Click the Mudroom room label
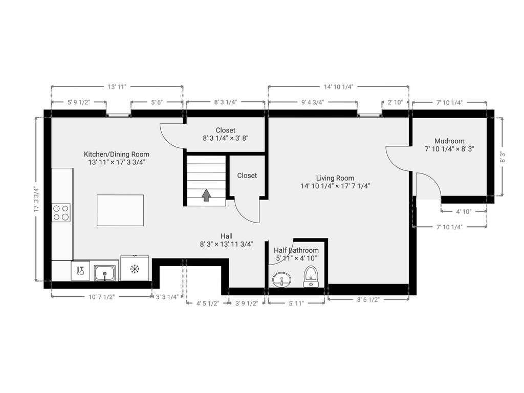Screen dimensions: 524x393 point(449,141)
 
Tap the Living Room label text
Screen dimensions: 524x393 point(335,178)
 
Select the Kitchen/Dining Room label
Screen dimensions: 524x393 point(117,155)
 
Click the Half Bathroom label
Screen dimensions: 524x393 point(296,250)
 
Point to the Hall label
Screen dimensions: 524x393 point(227,236)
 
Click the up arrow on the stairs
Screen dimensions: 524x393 point(206,195)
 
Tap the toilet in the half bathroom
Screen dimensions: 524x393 point(311,277)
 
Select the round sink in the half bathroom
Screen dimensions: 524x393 point(281,280)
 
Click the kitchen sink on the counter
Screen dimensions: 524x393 point(105,273)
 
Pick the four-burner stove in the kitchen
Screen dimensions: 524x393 point(61,213)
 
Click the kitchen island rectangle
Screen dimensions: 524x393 point(120,210)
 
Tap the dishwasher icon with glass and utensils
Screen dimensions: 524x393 point(80,271)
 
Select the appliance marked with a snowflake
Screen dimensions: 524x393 point(135,268)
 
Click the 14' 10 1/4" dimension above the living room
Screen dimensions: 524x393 point(339,87)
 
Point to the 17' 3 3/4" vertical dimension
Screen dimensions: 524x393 point(36,200)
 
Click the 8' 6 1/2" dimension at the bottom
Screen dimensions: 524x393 point(368,300)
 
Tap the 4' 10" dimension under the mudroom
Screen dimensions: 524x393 point(464,211)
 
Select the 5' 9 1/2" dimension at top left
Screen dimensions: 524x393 point(79,102)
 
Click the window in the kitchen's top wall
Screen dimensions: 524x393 point(119,115)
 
